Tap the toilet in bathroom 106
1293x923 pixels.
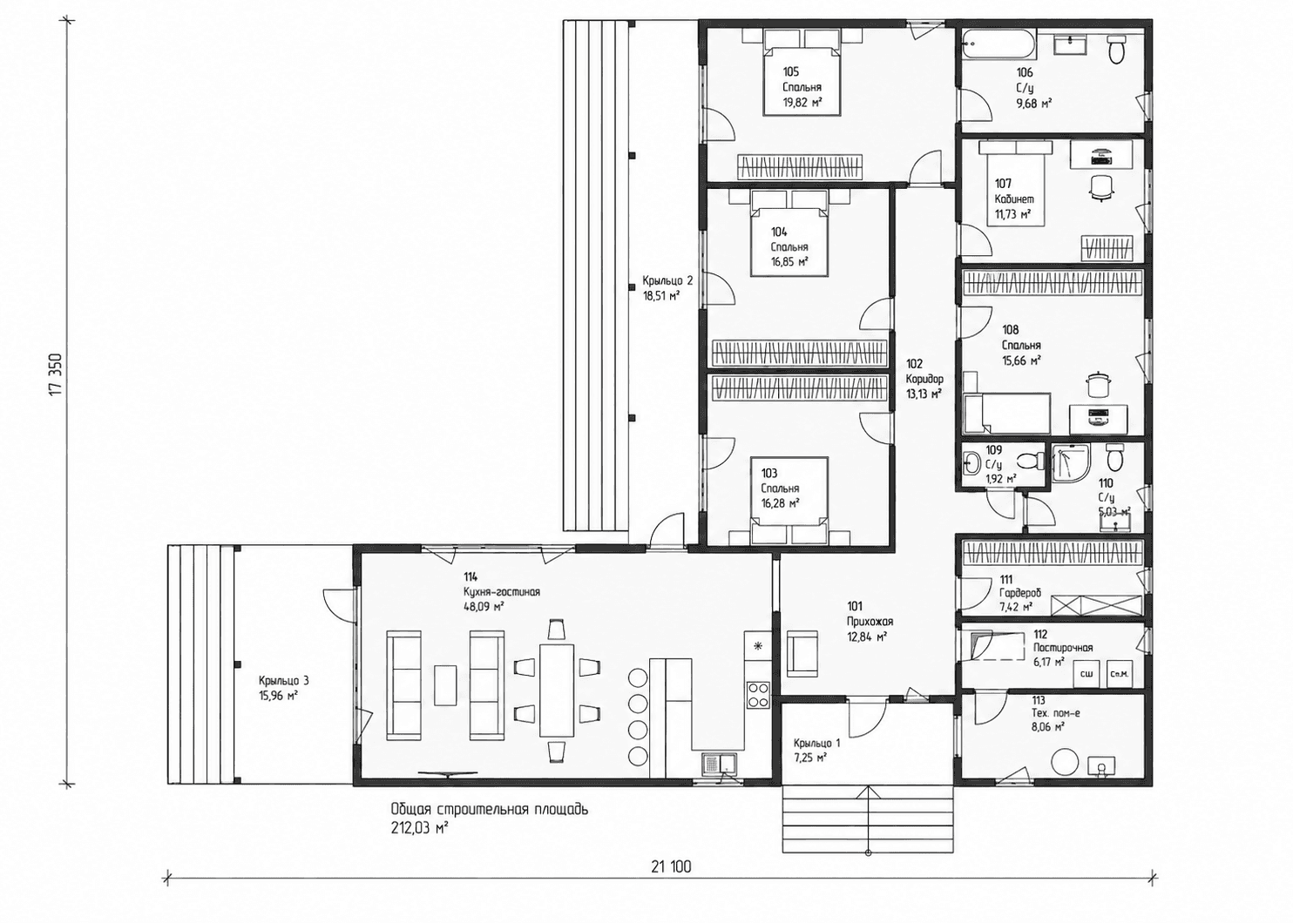(1116, 49)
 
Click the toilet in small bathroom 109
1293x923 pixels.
(1030, 461)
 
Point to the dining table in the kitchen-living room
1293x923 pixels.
(557, 691)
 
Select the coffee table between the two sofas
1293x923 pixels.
(445, 684)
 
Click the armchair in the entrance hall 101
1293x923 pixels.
(802, 652)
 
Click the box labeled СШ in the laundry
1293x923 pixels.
(1086, 673)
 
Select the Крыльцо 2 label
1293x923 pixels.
(667, 281)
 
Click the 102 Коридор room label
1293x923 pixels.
(924, 371)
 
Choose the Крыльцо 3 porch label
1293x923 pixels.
(283, 681)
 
